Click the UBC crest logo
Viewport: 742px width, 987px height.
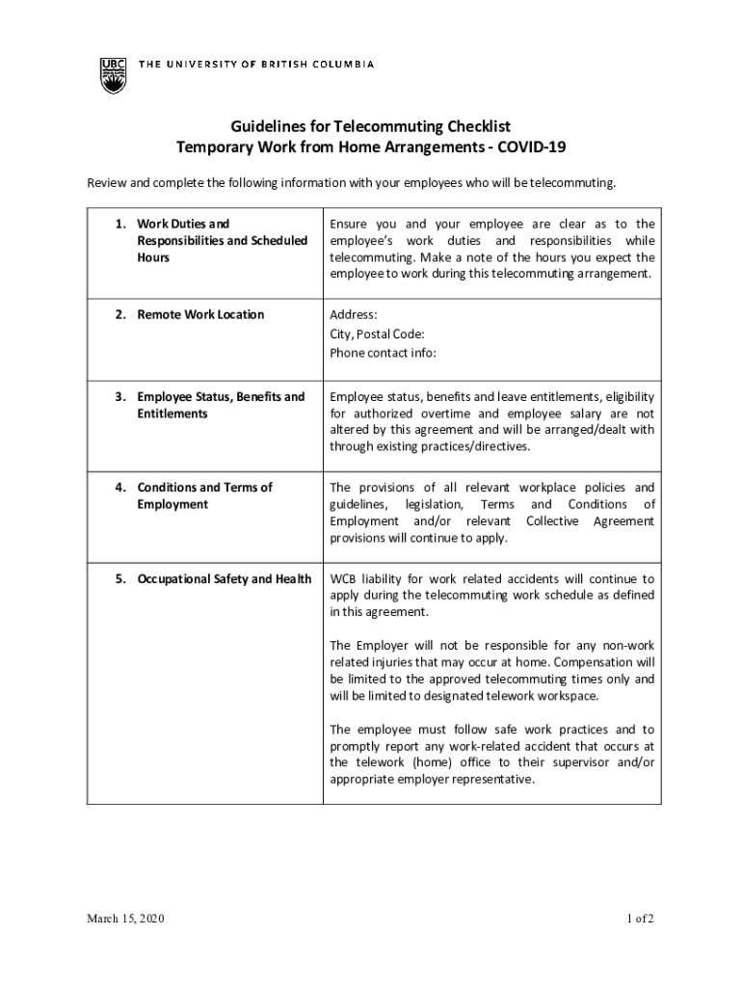pyautogui.click(x=113, y=74)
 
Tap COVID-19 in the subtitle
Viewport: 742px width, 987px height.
pyautogui.click(x=530, y=147)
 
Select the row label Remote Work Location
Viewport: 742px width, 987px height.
pyautogui.click(x=200, y=314)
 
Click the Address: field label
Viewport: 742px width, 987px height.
pyautogui.click(x=354, y=314)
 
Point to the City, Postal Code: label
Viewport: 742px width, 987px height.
pyautogui.click(x=377, y=333)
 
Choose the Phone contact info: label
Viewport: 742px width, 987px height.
pyautogui.click(x=383, y=353)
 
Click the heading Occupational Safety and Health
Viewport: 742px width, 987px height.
pyautogui.click(x=225, y=578)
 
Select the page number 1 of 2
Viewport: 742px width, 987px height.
pyautogui.click(x=638, y=919)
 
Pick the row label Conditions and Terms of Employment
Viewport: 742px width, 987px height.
pyautogui.click(x=204, y=495)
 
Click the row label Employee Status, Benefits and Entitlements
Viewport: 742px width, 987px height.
pyautogui.click(x=221, y=405)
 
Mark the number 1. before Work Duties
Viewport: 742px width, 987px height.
pyautogui.click(x=120, y=224)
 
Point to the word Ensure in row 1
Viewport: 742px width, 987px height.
pyautogui.click(x=350, y=224)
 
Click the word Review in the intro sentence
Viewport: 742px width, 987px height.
pyautogui.click(x=107, y=182)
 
